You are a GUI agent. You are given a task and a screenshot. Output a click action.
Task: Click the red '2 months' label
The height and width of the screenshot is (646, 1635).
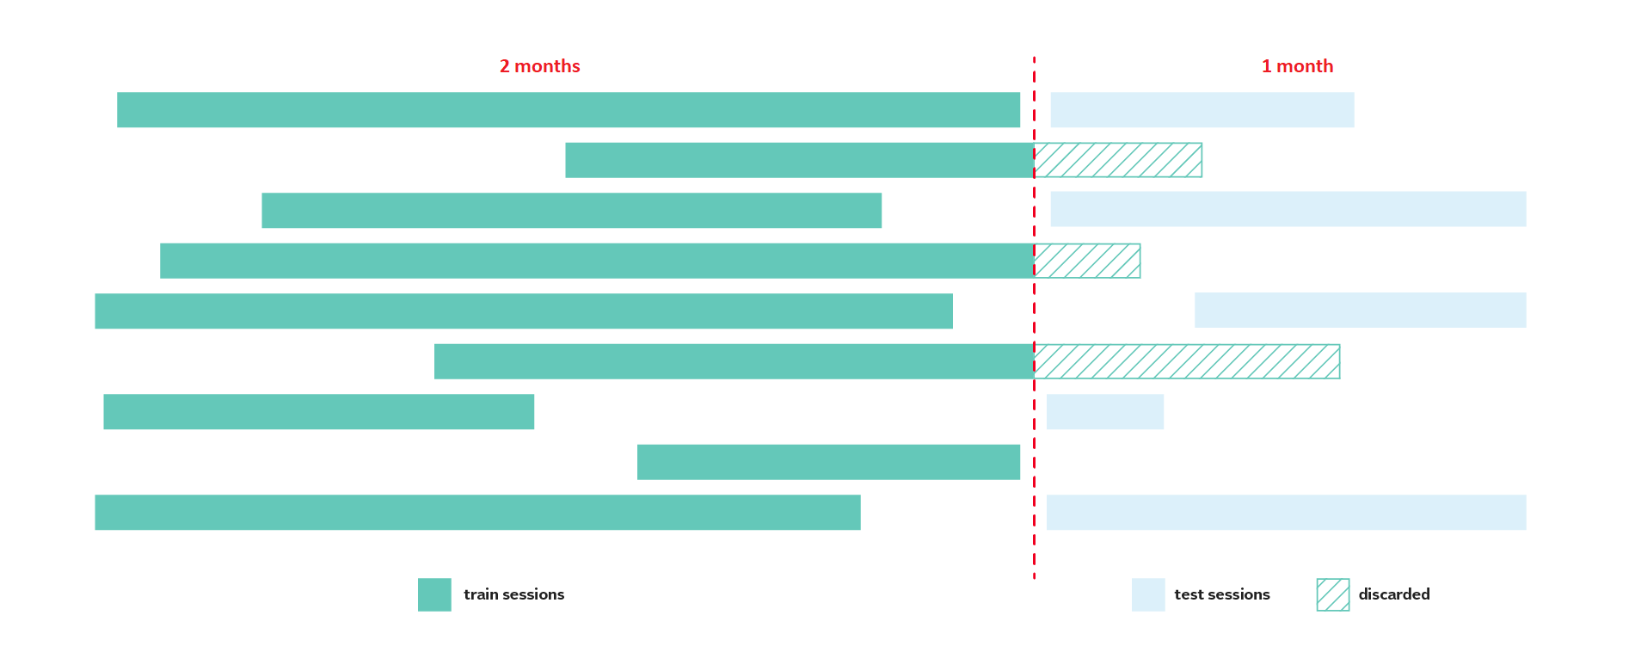(539, 66)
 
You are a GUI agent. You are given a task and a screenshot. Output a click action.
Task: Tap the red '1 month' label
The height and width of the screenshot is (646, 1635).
(1297, 66)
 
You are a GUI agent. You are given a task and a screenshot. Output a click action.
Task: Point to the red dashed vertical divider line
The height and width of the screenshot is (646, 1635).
(1034, 318)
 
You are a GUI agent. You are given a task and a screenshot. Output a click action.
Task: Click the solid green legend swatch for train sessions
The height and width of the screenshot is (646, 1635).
(434, 594)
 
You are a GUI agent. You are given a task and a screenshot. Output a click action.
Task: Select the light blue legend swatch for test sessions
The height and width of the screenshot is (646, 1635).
(1148, 594)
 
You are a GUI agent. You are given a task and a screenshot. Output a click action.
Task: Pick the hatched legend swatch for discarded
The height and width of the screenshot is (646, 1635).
(1333, 594)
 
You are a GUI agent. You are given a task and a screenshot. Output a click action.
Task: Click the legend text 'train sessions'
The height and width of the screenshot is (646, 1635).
(514, 594)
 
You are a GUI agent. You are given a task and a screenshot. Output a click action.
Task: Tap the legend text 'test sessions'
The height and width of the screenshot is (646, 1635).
(1222, 594)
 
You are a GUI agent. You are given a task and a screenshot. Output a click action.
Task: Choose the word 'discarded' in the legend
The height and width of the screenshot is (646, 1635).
(1394, 594)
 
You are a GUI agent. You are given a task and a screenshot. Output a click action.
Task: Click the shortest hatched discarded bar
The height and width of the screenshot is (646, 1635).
(1087, 261)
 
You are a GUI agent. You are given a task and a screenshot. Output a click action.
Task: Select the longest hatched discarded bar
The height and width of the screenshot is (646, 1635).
(1187, 361)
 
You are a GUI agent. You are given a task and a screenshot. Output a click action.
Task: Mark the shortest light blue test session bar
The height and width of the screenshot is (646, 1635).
(1105, 412)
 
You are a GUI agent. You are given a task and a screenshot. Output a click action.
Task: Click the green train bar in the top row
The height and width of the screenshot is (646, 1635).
(569, 110)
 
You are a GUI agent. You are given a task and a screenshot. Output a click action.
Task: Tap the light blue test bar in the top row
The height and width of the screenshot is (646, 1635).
(1202, 110)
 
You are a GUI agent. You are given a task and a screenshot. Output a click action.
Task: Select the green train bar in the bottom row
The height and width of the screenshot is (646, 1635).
(477, 513)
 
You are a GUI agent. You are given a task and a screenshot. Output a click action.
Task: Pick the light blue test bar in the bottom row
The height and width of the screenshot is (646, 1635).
(1287, 513)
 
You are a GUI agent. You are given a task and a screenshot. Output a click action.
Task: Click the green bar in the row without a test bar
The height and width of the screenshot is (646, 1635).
(828, 462)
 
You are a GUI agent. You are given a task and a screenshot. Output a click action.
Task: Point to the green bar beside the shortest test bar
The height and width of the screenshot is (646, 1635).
(318, 412)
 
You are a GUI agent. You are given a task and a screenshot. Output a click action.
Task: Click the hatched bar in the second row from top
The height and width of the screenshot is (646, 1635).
(1118, 160)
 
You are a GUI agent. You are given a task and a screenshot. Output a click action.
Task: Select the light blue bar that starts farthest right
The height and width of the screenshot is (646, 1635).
(1361, 311)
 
